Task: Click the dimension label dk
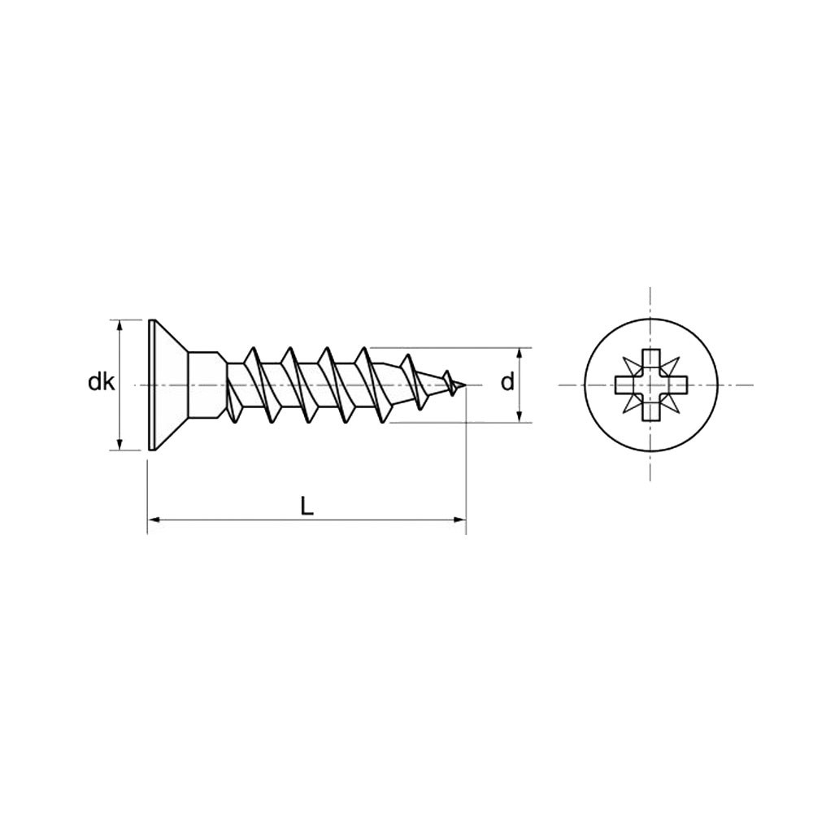pyautogui.click(x=101, y=383)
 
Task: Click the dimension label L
pyautogui.click(x=307, y=506)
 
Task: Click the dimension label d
pyautogui.click(x=507, y=383)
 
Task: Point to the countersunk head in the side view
pyautogui.click(x=168, y=385)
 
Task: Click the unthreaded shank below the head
pyautogui.click(x=207, y=385)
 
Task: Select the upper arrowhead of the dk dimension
pyautogui.click(x=120, y=326)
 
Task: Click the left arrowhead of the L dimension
pyautogui.click(x=154, y=518)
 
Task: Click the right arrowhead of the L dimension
pyautogui.click(x=459, y=518)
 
